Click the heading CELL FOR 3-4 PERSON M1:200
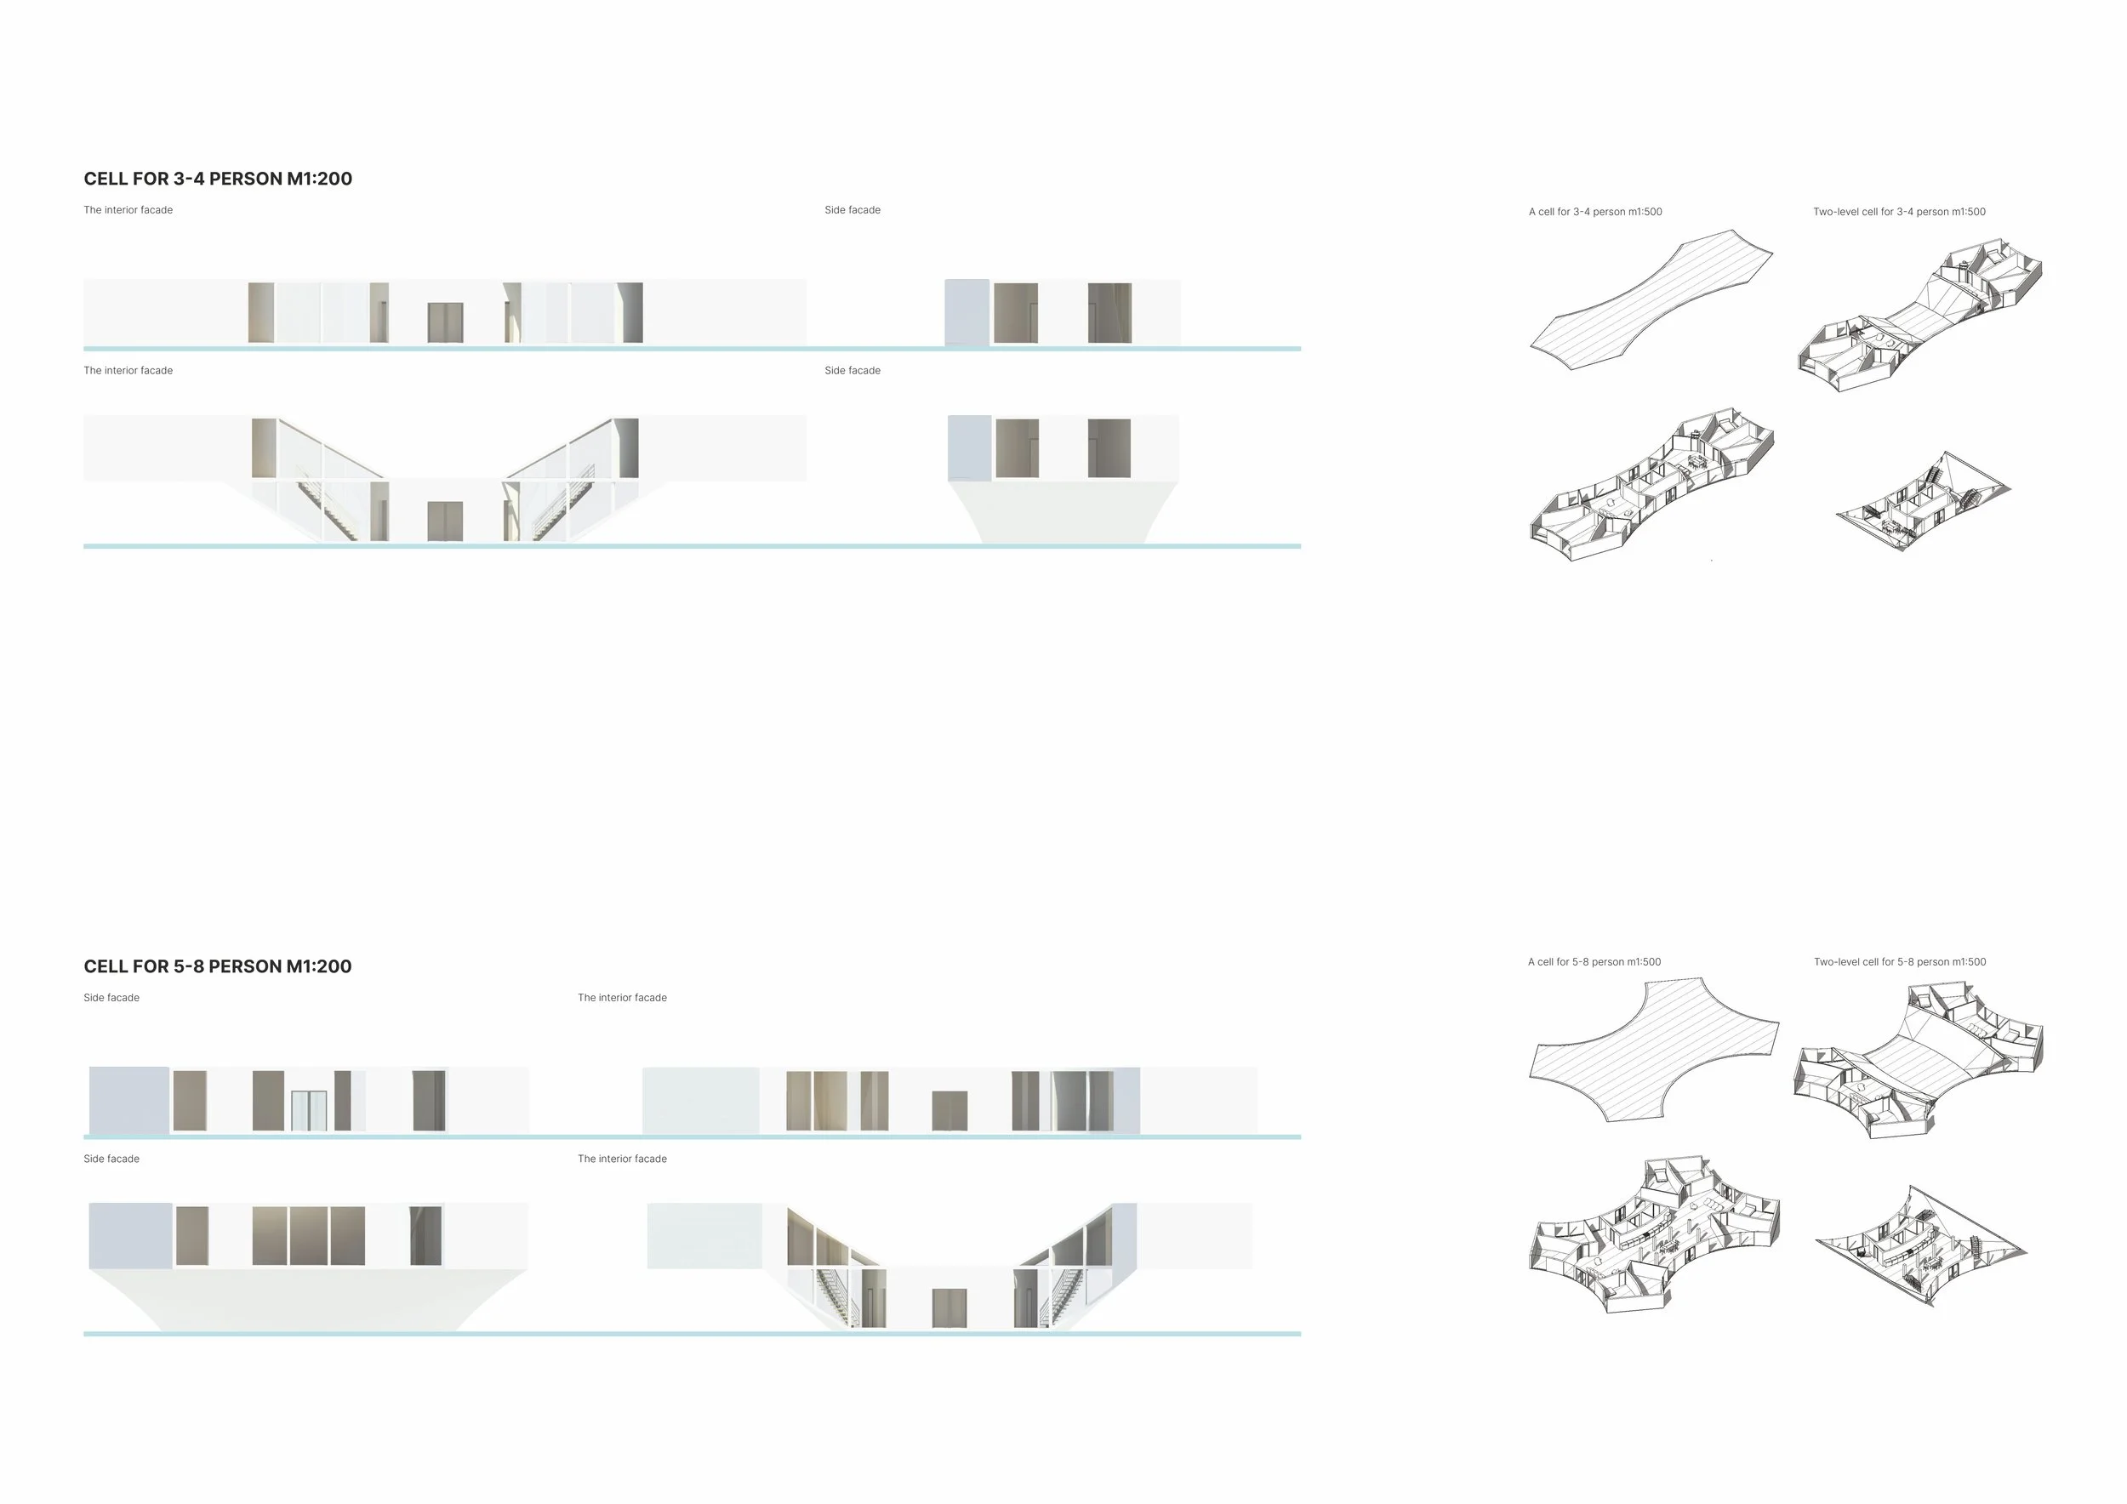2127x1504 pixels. click(x=218, y=179)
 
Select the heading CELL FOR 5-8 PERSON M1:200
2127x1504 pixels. click(x=218, y=966)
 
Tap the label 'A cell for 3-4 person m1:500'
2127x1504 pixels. click(x=1595, y=212)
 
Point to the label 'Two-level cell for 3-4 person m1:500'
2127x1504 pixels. click(x=1899, y=212)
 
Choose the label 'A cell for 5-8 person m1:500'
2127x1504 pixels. click(x=1594, y=962)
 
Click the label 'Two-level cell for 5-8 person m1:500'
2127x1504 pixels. click(x=1900, y=962)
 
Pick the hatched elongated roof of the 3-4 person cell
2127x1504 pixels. click(x=1651, y=299)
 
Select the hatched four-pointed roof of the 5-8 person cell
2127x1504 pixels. click(x=1654, y=1051)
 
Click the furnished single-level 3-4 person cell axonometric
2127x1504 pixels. click(x=1651, y=483)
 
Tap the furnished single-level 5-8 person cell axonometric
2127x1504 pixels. click(x=1655, y=1234)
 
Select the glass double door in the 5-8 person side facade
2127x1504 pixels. click(x=309, y=1111)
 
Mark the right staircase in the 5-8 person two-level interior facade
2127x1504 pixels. click(x=1066, y=1297)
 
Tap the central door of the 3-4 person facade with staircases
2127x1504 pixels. click(x=446, y=521)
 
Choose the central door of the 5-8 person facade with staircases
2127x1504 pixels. click(x=949, y=1307)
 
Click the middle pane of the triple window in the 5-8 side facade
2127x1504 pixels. click(x=309, y=1235)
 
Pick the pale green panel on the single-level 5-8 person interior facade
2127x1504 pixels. click(x=701, y=1100)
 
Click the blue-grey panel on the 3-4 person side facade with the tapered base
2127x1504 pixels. click(x=970, y=448)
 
